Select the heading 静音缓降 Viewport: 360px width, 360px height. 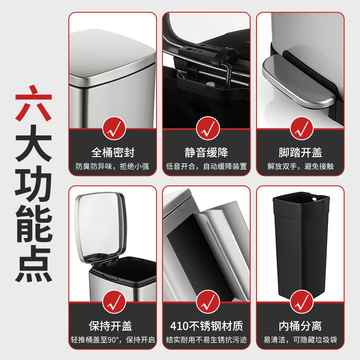(206, 152)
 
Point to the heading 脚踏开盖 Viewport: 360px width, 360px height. (300, 152)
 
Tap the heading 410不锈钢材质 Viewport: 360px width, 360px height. (206, 325)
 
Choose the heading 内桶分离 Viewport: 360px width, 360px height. (300, 325)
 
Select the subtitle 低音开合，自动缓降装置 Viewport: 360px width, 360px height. (206, 166)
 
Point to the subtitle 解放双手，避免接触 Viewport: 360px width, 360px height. (300, 166)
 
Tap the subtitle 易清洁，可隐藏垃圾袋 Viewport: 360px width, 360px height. (300, 340)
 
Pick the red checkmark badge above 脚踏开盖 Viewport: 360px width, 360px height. (300, 128)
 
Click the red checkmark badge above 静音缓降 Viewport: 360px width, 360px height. (206, 128)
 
